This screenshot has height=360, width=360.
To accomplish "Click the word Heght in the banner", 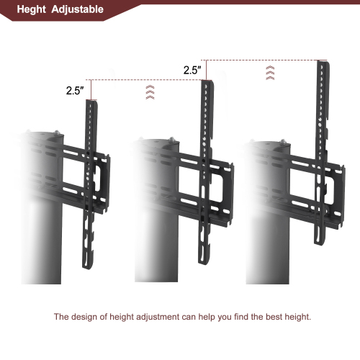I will point(32,10).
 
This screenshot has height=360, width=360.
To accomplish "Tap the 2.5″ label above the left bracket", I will point(75,91).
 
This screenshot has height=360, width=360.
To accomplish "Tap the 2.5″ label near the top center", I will point(192,71).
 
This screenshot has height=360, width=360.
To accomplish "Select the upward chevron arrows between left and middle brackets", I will point(149,91).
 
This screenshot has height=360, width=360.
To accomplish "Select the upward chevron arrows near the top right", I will point(270,72).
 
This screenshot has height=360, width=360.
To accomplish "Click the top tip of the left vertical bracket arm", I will point(90,102).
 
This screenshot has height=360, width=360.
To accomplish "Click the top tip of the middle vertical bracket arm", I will point(207,82).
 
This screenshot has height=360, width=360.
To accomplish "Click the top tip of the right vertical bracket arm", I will point(321,62).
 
